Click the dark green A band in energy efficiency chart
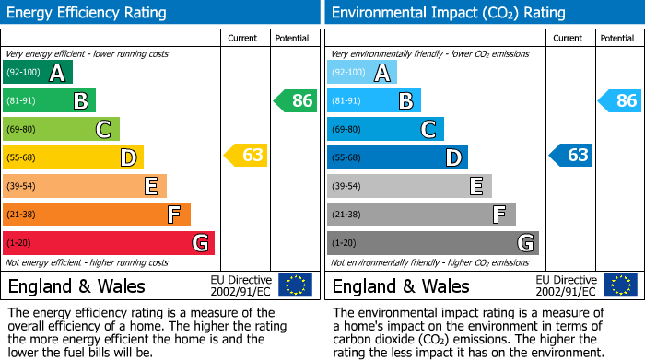click(x=37, y=73)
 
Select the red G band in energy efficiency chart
click(x=108, y=243)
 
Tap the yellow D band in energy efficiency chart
click(x=73, y=157)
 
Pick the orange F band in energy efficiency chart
click(x=96, y=215)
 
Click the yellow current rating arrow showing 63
click(x=246, y=156)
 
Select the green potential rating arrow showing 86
click(x=296, y=100)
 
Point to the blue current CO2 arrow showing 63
click(x=571, y=156)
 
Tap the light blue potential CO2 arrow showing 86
click(x=620, y=100)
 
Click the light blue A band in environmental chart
click(x=362, y=73)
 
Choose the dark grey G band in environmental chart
click(x=432, y=243)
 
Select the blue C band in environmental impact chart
click(x=385, y=129)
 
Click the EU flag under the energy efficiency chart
click(x=295, y=285)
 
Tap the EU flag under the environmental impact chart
click(x=620, y=285)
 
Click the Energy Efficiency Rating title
click(x=88, y=13)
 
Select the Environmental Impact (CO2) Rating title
click(x=449, y=13)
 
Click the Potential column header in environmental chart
click(x=617, y=38)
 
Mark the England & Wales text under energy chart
click(x=75, y=286)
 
